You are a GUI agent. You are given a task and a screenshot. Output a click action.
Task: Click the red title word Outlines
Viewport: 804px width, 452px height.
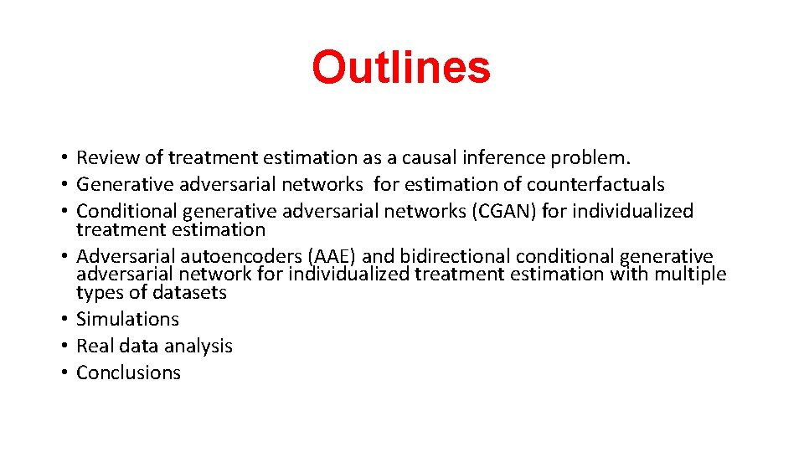coord(401,67)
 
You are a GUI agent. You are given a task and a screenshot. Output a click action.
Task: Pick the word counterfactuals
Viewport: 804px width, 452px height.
coord(595,184)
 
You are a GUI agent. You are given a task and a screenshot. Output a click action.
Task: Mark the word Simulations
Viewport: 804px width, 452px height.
coord(127,319)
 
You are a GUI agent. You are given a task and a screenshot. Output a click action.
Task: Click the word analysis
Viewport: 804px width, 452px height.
coord(201,346)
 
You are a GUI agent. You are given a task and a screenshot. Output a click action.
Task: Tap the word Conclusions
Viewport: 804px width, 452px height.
coord(128,372)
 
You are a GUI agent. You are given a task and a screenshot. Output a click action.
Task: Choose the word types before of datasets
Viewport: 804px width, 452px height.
coord(98,293)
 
